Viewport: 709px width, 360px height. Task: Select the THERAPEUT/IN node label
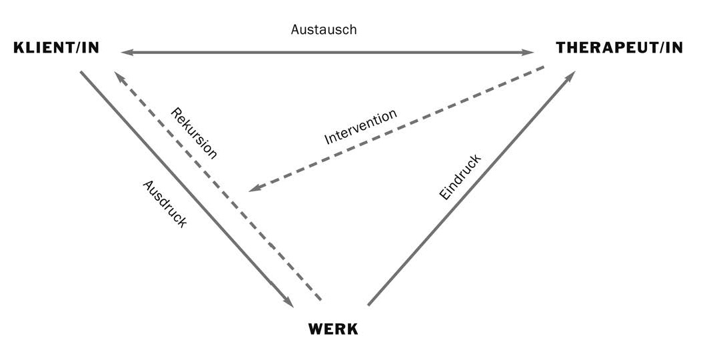(619, 48)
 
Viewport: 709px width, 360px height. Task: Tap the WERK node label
(333, 329)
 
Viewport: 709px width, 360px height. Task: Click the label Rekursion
(194, 133)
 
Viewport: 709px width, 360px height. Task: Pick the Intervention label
(360, 127)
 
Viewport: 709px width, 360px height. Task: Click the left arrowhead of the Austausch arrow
(125, 52)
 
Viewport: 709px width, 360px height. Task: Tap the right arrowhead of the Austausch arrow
(530, 52)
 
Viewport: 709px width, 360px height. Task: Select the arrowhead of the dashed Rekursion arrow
(119, 77)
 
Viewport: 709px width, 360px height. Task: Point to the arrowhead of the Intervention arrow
(253, 189)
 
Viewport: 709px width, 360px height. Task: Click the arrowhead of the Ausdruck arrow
(289, 302)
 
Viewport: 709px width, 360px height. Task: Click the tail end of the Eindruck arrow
(368, 305)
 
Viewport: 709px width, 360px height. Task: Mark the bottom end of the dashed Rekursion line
(321, 299)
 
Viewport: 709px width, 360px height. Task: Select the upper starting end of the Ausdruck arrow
(81, 72)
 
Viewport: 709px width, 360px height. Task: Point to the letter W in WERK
(316, 329)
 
